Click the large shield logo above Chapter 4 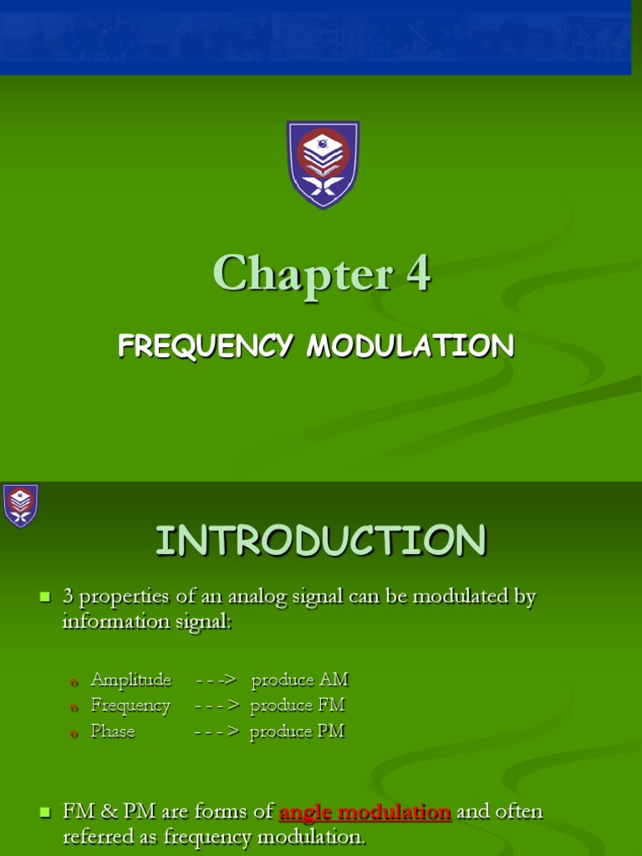pyautogui.click(x=323, y=164)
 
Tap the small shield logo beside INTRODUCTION pyautogui.click(x=20, y=505)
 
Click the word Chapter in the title pyautogui.click(x=302, y=273)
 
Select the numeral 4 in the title pyautogui.click(x=418, y=273)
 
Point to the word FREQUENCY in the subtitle pyautogui.click(x=204, y=345)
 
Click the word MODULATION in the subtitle pyautogui.click(x=410, y=345)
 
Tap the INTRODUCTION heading pyautogui.click(x=320, y=540)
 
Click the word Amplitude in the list pyautogui.click(x=130, y=680)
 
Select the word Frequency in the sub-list pyautogui.click(x=130, y=706)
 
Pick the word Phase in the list pyautogui.click(x=113, y=731)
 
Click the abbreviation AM pyautogui.click(x=333, y=680)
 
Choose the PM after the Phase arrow pyautogui.click(x=331, y=731)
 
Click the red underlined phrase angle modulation pyautogui.click(x=364, y=812)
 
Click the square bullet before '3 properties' pyautogui.click(x=45, y=597)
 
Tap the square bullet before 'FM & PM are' pyautogui.click(x=45, y=812)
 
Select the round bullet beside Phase pyautogui.click(x=74, y=733)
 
